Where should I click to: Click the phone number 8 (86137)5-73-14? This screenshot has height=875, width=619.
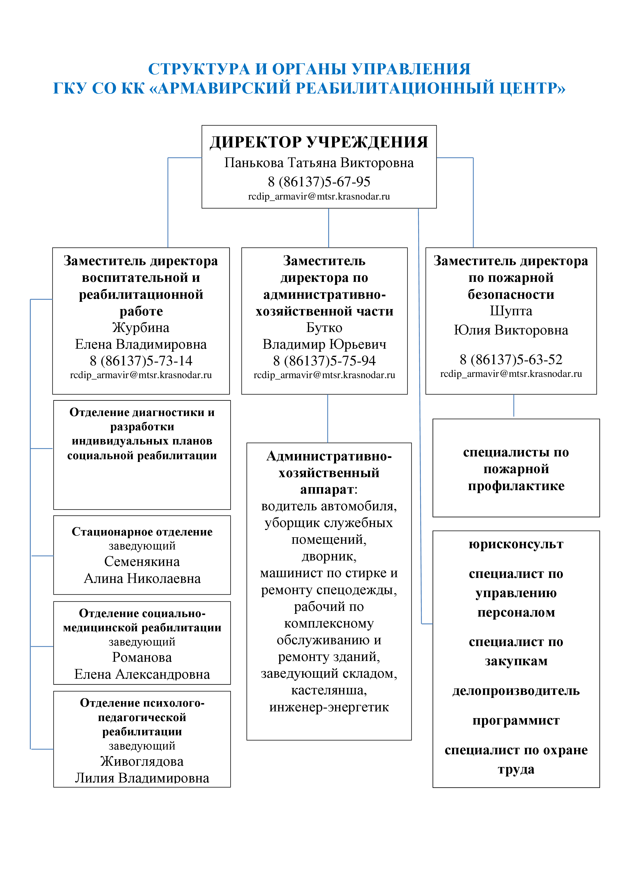click(141, 360)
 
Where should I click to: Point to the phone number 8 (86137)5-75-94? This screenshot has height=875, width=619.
click(324, 360)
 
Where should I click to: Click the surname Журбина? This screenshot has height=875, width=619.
click(141, 327)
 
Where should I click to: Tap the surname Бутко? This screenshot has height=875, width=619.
click(324, 327)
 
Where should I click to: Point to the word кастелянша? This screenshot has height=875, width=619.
click(329, 690)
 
